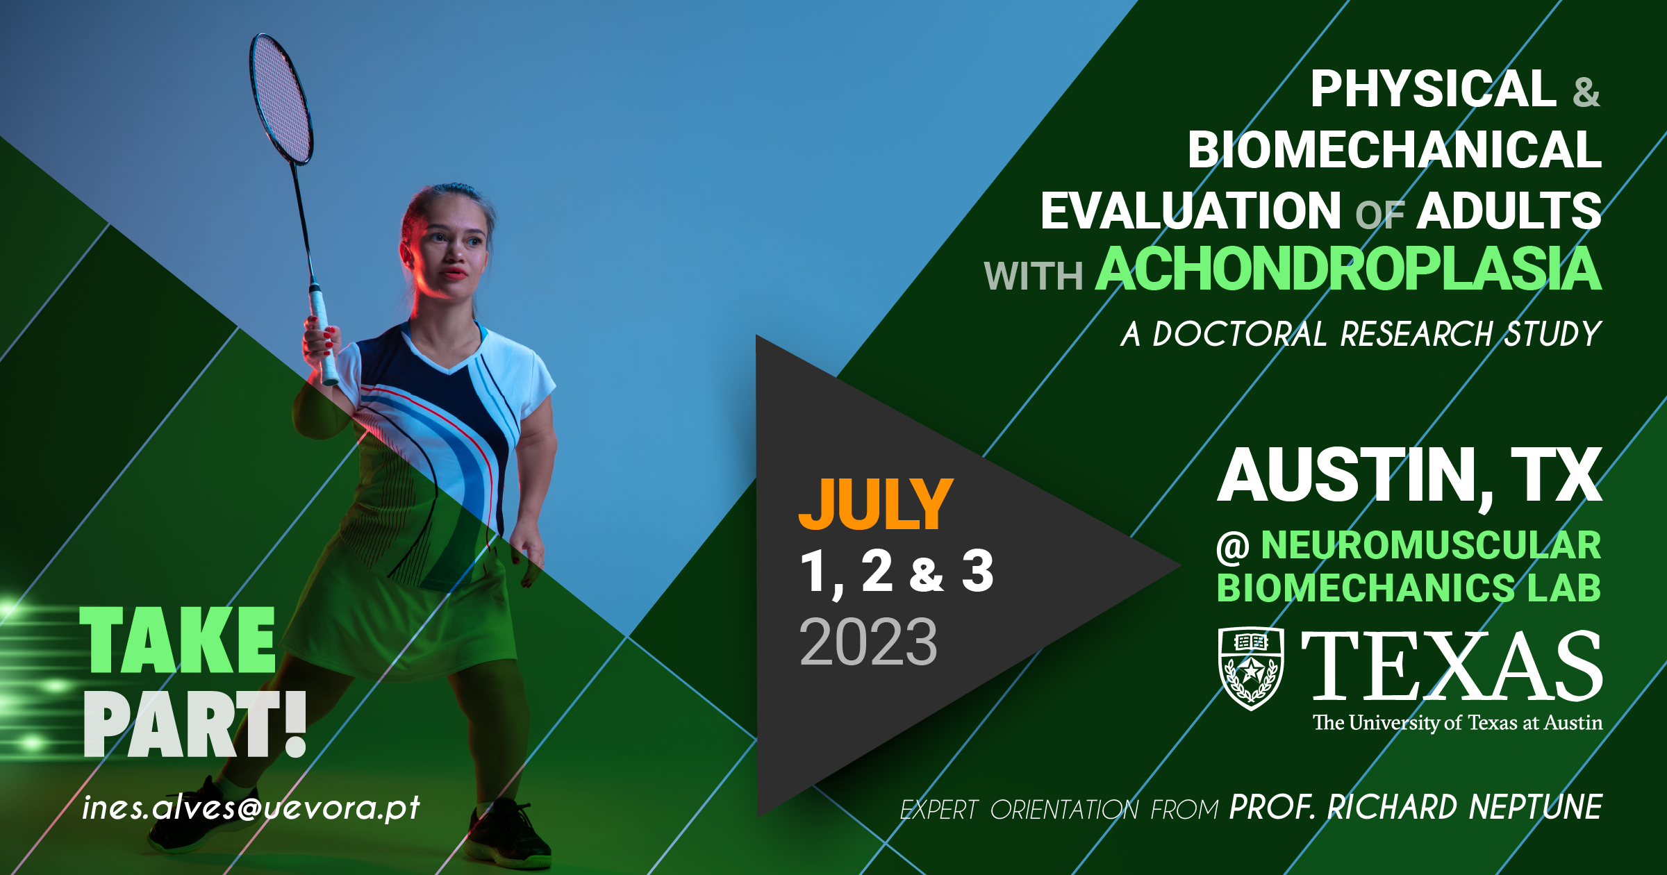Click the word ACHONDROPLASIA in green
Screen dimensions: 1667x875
pos(1349,269)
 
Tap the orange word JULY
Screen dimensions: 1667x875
pos(876,504)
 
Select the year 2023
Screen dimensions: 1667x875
pos(868,642)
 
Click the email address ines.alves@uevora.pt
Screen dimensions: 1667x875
pos(251,808)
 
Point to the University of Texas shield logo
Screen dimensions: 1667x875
pos(1251,668)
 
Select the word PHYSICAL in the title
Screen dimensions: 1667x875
pos(1434,89)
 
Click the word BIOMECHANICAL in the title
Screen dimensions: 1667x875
pos(1395,149)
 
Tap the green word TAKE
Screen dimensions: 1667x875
pos(178,640)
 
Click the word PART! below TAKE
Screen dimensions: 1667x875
pos(195,724)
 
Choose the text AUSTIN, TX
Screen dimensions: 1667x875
pos(1410,476)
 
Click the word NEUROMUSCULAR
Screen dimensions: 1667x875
pos(1432,545)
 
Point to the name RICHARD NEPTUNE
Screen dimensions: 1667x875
pos(1465,808)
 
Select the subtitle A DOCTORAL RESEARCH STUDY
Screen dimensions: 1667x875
pos(1361,334)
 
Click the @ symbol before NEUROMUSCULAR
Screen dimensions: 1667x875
pos(1234,547)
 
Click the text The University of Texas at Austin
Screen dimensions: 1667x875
pos(1457,724)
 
